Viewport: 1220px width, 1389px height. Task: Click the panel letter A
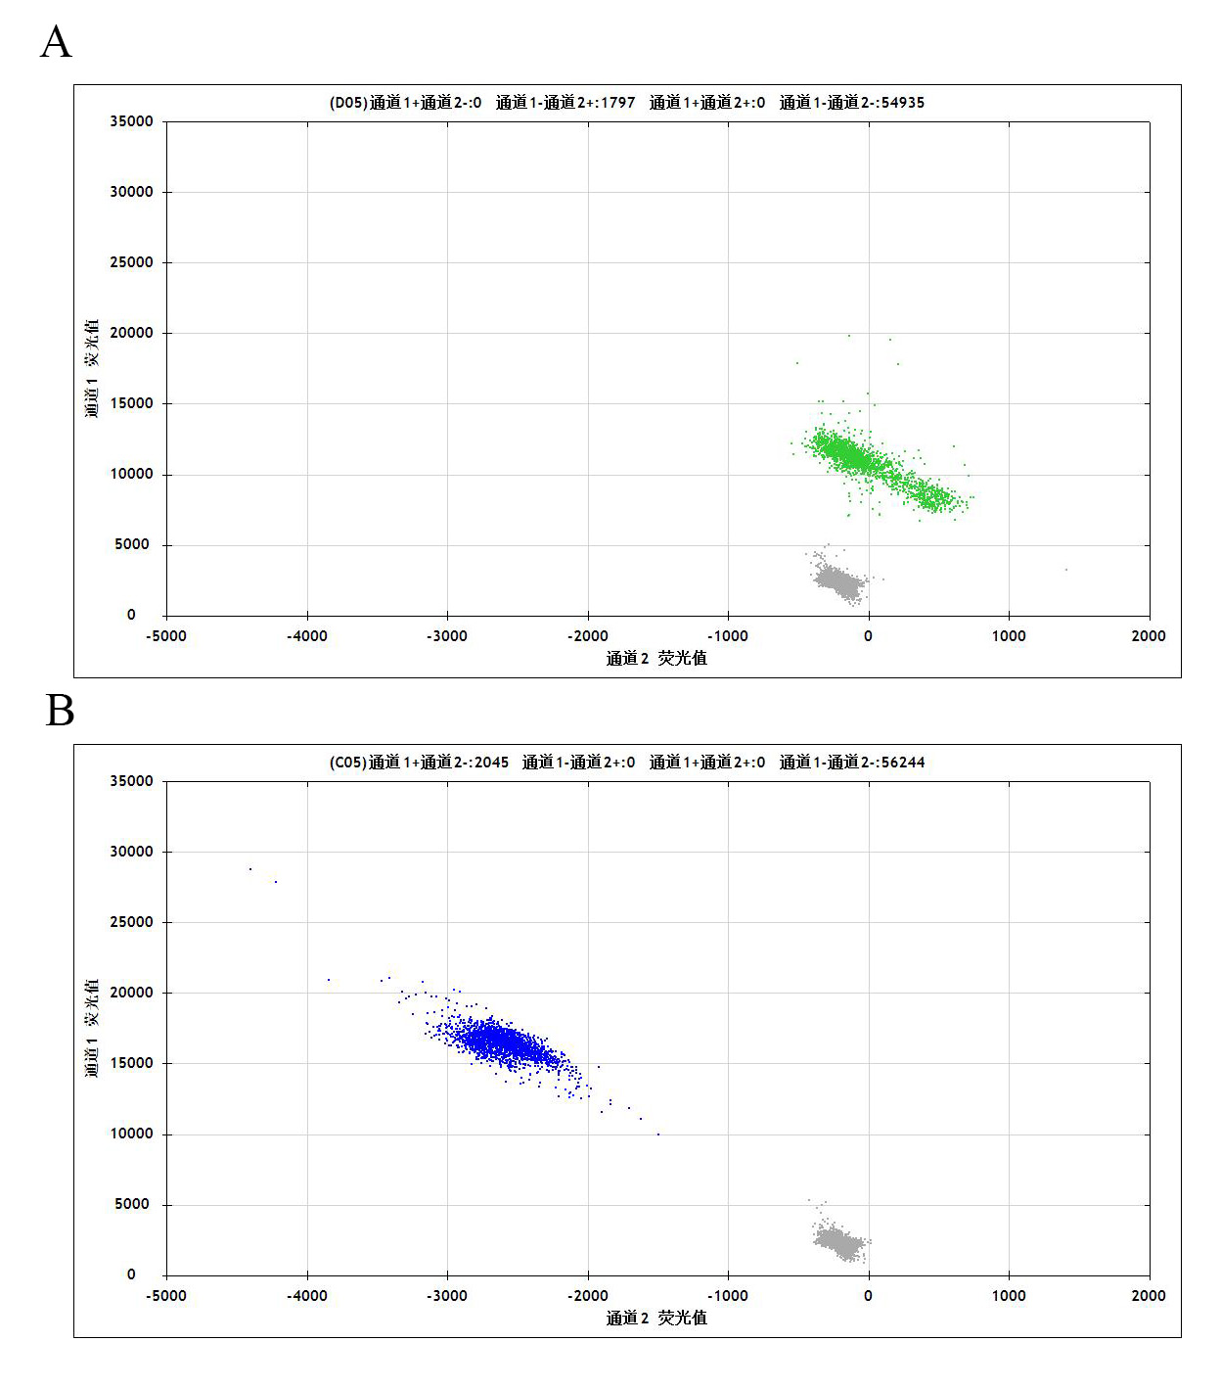click(x=56, y=42)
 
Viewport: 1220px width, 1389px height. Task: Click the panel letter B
click(x=60, y=711)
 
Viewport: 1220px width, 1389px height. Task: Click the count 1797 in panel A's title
click(x=617, y=103)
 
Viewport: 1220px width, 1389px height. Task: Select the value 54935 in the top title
click(x=902, y=103)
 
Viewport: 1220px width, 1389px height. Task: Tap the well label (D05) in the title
click(x=347, y=103)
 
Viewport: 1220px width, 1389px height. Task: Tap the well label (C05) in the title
click(x=347, y=763)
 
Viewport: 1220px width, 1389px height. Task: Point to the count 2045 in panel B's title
click(x=491, y=763)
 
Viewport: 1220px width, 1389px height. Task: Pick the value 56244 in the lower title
click(x=902, y=763)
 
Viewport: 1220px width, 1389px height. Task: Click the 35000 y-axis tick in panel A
click(x=131, y=121)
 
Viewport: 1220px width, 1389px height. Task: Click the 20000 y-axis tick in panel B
click(x=131, y=993)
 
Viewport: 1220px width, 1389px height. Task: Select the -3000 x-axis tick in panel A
click(x=447, y=636)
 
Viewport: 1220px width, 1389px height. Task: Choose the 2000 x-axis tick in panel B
click(x=1149, y=1296)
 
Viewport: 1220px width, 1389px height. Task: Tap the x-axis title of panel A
click(x=656, y=659)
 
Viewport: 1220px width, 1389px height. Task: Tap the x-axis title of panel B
click(x=656, y=1319)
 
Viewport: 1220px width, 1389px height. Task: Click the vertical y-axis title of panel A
click(x=92, y=368)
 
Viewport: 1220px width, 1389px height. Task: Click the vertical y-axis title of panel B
click(x=92, y=1028)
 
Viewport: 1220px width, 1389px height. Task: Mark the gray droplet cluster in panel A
click(x=839, y=580)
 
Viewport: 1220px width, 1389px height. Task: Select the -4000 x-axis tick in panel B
click(x=306, y=1296)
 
